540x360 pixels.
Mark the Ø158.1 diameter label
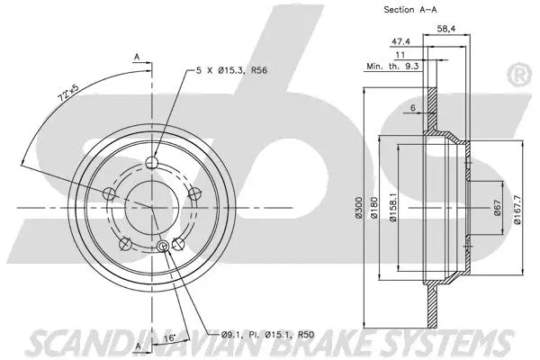click(393, 210)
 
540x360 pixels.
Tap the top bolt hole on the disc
click(152, 163)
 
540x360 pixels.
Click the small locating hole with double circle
click(163, 247)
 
